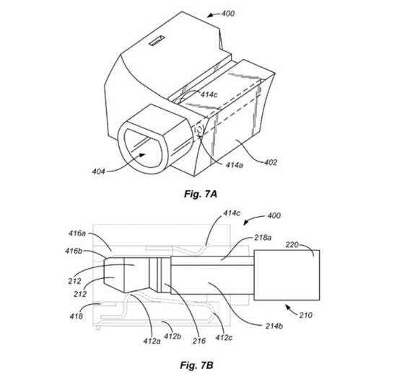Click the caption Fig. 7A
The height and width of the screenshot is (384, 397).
(201, 194)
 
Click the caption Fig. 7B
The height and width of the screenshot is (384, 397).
(197, 365)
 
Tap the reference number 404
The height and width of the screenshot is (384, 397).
(98, 171)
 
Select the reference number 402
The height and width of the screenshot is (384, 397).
(271, 162)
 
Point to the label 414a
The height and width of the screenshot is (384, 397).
(234, 165)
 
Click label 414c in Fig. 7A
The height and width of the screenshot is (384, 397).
(209, 94)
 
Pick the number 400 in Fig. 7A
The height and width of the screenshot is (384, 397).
(228, 14)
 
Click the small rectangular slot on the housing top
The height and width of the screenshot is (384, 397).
(157, 40)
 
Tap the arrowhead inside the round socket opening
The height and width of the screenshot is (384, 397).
(141, 155)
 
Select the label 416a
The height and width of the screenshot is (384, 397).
(77, 233)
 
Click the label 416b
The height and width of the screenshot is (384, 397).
(74, 251)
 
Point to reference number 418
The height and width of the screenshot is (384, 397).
(76, 316)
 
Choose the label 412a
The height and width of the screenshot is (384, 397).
(152, 341)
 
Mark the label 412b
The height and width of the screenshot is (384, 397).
(173, 336)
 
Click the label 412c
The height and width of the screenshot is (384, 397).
(224, 337)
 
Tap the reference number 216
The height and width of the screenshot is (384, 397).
(199, 341)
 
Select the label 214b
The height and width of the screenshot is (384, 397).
(274, 326)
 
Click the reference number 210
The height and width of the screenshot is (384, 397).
(306, 315)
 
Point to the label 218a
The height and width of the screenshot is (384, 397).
(263, 238)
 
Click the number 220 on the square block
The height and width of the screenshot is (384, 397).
(292, 244)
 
